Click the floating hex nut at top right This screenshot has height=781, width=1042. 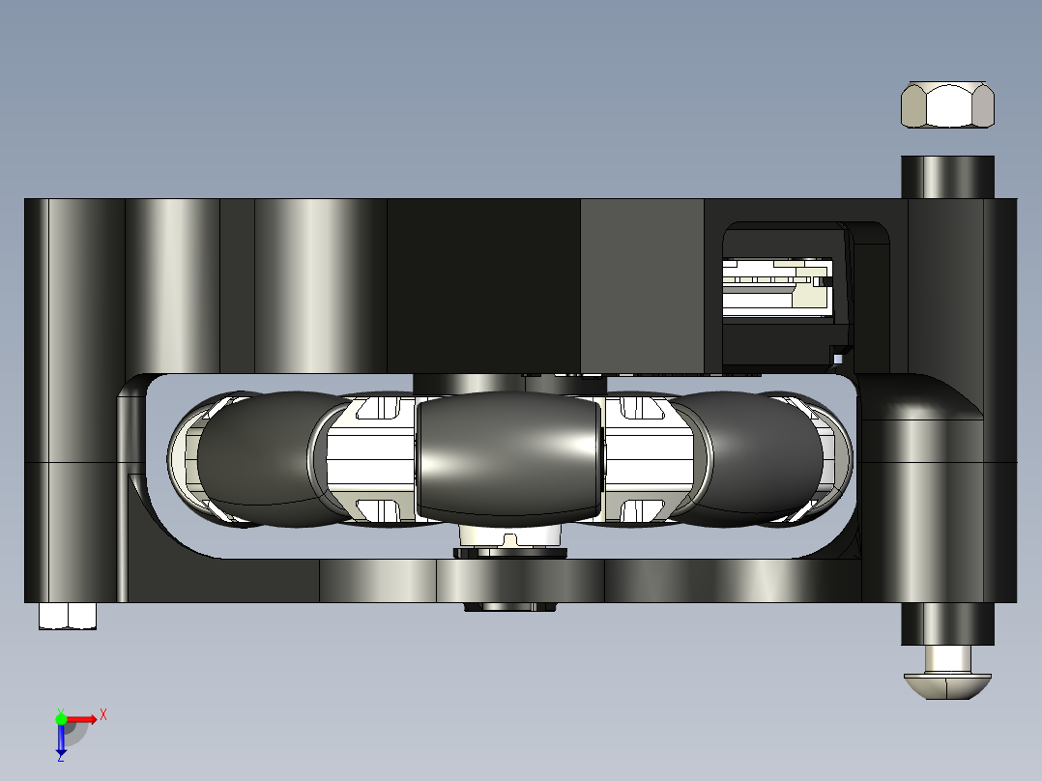[947, 105]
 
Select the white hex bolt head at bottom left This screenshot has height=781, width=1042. [68, 616]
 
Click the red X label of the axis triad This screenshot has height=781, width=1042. [103, 715]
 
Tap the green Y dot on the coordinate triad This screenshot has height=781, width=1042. [61, 718]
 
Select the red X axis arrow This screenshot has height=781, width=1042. [82, 719]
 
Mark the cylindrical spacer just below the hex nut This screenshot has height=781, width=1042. [947, 177]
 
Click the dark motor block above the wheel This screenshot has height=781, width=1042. [483, 285]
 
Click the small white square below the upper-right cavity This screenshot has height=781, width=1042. [838, 359]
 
